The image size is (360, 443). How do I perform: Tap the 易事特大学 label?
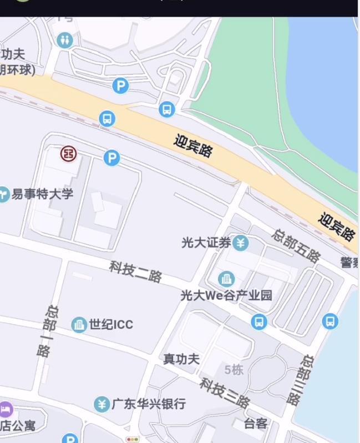(x=42, y=194)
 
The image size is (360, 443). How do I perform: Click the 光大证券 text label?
(x=206, y=243)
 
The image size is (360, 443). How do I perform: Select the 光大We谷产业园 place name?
(x=226, y=295)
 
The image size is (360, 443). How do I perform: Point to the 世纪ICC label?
(x=111, y=324)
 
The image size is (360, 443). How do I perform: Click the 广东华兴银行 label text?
(x=149, y=404)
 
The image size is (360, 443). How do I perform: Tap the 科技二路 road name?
(x=135, y=271)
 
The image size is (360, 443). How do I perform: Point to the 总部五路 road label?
(x=296, y=245)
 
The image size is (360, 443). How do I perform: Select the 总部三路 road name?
(x=299, y=379)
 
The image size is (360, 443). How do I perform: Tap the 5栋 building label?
(x=234, y=370)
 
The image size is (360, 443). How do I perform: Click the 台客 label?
(x=255, y=424)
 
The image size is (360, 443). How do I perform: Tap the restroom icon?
(x=65, y=40)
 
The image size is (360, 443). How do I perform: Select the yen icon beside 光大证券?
(x=240, y=243)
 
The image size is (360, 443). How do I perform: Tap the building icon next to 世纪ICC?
(x=79, y=324)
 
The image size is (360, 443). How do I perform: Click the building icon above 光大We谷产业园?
(x=226, y=279)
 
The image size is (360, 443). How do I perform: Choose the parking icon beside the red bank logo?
(x=112, y=158)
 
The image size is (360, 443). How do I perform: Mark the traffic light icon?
(x=133, y=439)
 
